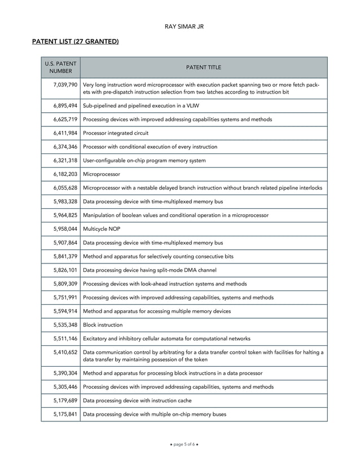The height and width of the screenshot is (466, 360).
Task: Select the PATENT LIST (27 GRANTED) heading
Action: pos(75,41)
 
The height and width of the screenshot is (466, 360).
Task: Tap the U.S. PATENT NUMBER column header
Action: pos(60,67)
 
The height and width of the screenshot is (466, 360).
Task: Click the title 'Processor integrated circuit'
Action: pos(116,133)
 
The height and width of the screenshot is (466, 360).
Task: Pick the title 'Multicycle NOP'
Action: pos(102,229)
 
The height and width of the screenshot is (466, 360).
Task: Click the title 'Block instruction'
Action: pos(103,325)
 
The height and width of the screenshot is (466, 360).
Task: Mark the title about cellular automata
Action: pos(166,338)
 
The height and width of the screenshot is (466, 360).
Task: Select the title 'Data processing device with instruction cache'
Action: pos(137,401)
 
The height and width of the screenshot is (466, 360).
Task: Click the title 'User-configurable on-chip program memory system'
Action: pos(144,160)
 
